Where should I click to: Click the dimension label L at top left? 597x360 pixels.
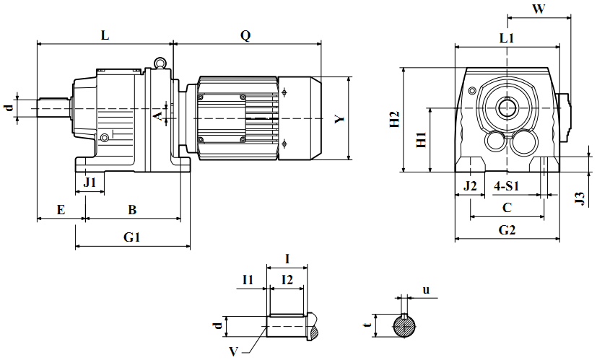[x=105, y=35]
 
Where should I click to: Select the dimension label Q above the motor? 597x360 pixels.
[x=245, y=35]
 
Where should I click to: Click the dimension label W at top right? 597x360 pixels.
[x=538, y=9]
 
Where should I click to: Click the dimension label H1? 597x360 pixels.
[x=422, y=140]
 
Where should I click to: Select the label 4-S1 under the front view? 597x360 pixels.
[x=507, y=186]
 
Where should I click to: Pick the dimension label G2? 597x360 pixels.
[x=507, y=230]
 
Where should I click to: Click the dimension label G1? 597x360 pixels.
[x=131, y=237]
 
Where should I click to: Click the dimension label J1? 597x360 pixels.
[x=90, y=183]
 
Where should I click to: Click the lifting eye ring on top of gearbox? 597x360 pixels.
[x=159, y=62]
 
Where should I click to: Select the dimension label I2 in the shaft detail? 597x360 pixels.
[x=287, y=279]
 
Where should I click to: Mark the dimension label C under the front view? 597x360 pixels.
[x=507, y=208]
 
